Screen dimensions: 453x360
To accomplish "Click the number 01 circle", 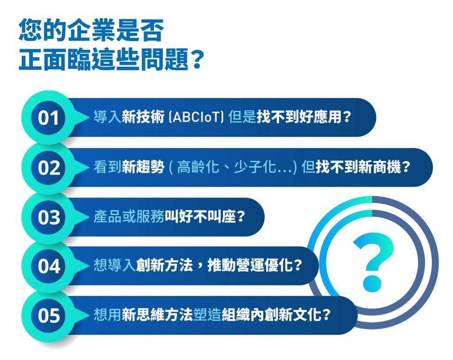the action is click(48, 118).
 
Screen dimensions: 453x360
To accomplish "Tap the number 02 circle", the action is click(48, 167).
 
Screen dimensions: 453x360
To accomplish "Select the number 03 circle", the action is click(48, 217).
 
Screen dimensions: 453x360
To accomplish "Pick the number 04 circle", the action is click(48, 266).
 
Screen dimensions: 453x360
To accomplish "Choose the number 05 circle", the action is click(48, 315).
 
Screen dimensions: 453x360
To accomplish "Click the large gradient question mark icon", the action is click(372, 262).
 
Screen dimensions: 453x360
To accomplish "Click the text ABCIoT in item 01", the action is click(196, 117).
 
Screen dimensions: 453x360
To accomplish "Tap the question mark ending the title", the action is click(197, 60).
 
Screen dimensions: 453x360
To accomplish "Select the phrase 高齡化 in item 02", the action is click(198, 167).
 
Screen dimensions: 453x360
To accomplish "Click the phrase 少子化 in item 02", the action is click(254, 167).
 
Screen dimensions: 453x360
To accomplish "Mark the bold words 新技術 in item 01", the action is click(143, 117).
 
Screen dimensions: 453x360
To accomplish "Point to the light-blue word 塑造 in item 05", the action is click(207, 314).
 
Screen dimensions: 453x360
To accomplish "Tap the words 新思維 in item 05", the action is click(143, 314).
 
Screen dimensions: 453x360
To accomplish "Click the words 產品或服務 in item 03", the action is click(129, 216).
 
